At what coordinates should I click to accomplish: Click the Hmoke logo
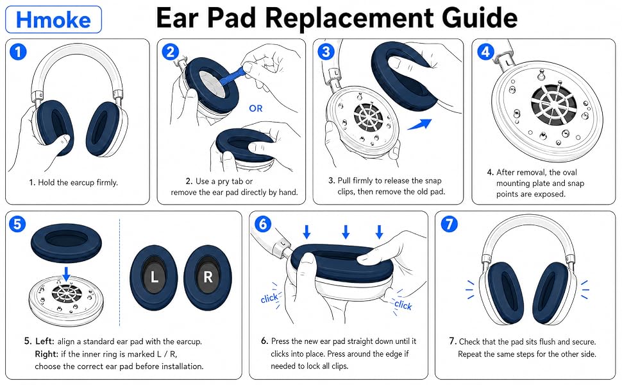(54, 19)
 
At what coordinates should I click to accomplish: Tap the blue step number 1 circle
(18, 52)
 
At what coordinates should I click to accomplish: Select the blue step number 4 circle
(485, 51)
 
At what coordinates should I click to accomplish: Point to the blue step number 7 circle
(449, 224)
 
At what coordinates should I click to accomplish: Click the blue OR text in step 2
(256, 108)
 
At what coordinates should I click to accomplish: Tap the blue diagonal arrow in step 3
(420, 124)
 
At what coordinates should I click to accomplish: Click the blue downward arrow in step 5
(67, 274)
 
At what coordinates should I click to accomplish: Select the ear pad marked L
(154, 277)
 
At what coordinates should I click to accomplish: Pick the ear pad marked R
(208, 277)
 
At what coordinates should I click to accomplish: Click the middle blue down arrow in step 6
(346, 232)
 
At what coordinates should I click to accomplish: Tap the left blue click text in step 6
(269, 298)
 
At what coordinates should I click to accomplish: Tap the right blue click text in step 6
(403, 305)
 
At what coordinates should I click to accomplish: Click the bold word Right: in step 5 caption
(46, 354)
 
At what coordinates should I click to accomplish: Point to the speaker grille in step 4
(553, 104)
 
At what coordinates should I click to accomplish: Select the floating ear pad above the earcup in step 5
(66, 243)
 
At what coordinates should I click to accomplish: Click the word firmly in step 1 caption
(106, 183)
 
